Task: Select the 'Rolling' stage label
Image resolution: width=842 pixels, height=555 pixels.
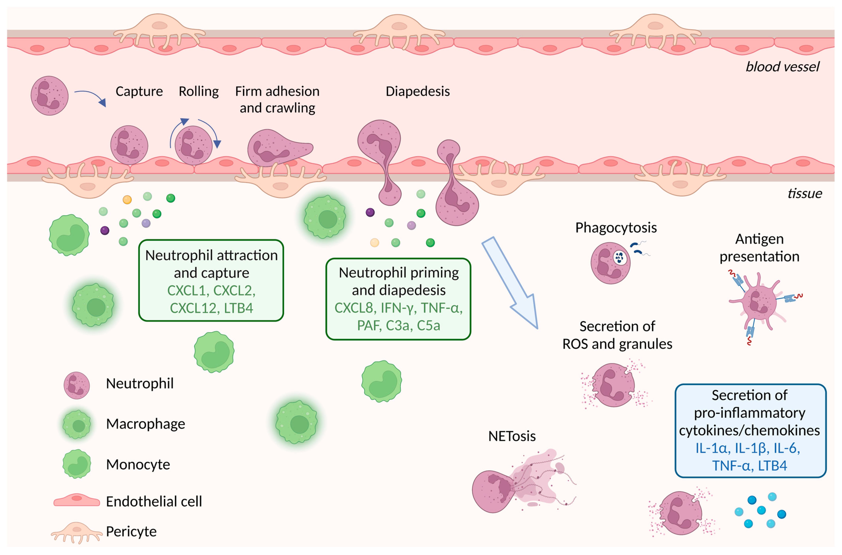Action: coord(199,91)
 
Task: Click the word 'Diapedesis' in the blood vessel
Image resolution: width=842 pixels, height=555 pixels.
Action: coord(417,91)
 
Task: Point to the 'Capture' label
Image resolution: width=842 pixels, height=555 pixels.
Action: coord(139,91)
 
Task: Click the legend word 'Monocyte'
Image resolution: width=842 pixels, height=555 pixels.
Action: coord(138,464)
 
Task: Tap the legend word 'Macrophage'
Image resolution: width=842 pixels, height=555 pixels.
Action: coord(145,424)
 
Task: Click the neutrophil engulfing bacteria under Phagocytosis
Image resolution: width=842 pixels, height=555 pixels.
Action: coord(610,263)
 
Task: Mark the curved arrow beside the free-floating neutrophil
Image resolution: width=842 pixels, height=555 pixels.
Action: coord(90,97)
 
